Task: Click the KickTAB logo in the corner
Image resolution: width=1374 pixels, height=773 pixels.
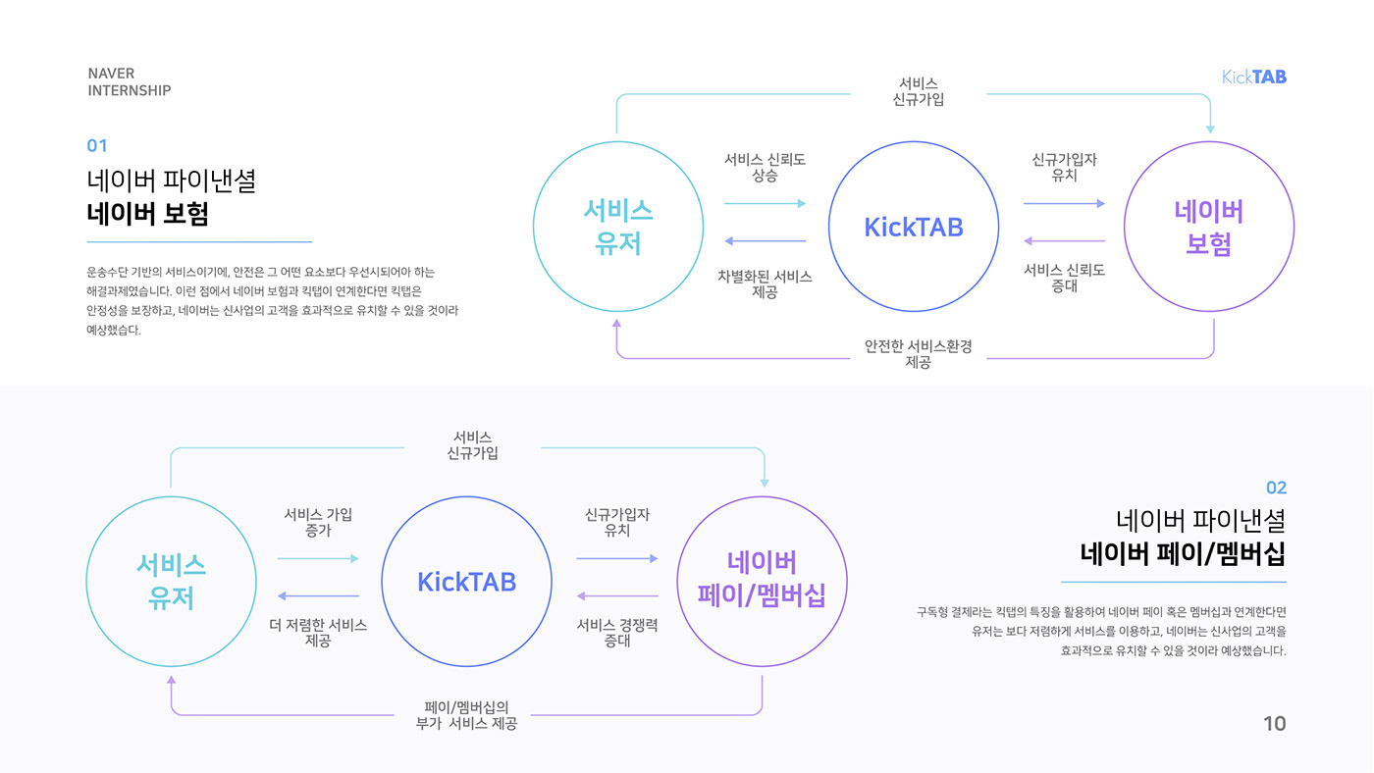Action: [1253, 77]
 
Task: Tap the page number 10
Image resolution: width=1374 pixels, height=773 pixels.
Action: [1274, 724]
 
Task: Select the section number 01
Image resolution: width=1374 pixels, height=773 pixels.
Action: [97, 146]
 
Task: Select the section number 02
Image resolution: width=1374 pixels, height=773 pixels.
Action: [1276, 488]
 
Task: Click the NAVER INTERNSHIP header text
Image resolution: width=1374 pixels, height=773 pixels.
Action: [129, 82]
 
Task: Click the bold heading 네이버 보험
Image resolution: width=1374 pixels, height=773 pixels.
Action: [147, 215]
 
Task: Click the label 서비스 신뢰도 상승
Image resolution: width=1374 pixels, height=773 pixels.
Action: [765, 168]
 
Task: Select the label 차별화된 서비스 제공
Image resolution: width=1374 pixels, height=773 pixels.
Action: [765, 284]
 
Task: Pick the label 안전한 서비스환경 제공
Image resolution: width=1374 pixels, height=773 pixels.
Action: [918, 354]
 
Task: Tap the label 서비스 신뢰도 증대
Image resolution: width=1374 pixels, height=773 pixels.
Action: [1064, 278]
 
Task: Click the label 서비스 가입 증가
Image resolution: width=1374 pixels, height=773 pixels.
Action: [318, 522]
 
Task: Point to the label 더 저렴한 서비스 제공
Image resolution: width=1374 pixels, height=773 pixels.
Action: [318, 633]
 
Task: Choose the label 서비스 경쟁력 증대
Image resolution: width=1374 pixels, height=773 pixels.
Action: [617, 633]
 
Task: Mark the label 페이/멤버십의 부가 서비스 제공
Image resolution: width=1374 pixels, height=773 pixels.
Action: [467, 715]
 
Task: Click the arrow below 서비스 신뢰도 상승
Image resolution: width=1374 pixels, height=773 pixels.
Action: [765, 203]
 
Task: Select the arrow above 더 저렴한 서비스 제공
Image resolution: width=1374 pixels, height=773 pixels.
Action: [318, 595]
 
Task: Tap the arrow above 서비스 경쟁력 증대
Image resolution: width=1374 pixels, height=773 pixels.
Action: [617, 595]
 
